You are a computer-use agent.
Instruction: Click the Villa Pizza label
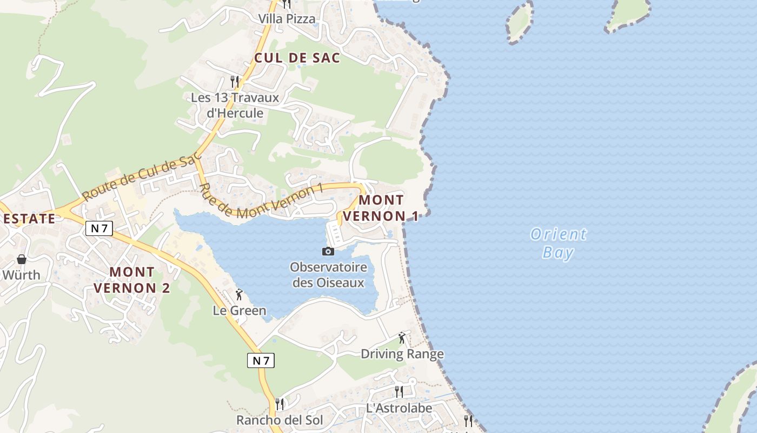tap(287, 19)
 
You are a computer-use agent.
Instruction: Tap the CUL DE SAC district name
tap(297, 58)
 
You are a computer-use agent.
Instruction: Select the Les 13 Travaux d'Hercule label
tap(235, 106)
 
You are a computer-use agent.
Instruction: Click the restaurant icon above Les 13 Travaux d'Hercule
tap(235, 82)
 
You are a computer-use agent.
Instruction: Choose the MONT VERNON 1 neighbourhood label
tap(381, 208)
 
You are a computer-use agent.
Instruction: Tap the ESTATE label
tap(29, 219)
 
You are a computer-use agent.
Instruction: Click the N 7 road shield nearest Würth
tap(99, 228)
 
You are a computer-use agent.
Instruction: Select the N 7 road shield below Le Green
tap(261, 360)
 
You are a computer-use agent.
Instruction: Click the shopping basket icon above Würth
tap(22, 259)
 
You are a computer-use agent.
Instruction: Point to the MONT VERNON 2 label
tap(132, 280)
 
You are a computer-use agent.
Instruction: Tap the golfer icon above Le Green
tap(239, 294)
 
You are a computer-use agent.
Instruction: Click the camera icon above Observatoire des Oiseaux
tap(328, 251)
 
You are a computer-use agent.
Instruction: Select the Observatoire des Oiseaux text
tap(328, 275)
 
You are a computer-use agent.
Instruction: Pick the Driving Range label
tap(402, 354)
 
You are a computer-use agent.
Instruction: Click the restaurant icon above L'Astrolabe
tap(399, 392)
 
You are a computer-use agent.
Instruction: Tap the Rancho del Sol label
tap(280, 420)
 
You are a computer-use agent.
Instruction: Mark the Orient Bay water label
tap(559, 243)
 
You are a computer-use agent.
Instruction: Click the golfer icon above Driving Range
tap(402, 338)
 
